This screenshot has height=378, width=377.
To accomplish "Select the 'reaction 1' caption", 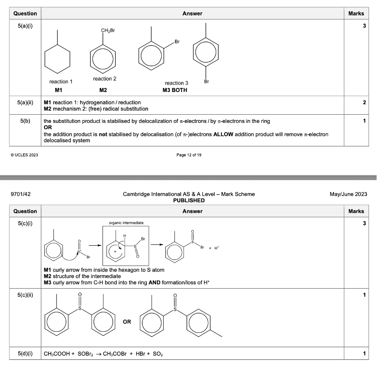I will click(61, 82).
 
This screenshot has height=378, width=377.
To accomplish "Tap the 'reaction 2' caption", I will click(105, 79).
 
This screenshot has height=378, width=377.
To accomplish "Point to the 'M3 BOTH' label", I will click(175, 90).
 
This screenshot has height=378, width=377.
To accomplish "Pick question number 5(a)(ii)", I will click(25, 102).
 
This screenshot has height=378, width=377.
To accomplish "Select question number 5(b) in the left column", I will click(25, 121).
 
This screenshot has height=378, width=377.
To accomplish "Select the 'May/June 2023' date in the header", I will click(349, 194).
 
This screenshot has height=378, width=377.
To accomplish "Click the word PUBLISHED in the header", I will click(188, 200).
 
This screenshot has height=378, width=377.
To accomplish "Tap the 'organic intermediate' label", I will click(126, 223).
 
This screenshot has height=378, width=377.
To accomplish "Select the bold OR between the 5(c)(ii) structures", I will click(127, 322).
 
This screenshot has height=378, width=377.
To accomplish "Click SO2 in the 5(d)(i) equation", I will click(158, 354).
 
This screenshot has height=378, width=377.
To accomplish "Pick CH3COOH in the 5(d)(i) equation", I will click(57, 354).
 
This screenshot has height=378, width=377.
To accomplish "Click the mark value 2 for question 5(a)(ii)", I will click(364, 102).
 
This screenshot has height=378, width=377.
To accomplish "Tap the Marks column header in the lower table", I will click(356, 211).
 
